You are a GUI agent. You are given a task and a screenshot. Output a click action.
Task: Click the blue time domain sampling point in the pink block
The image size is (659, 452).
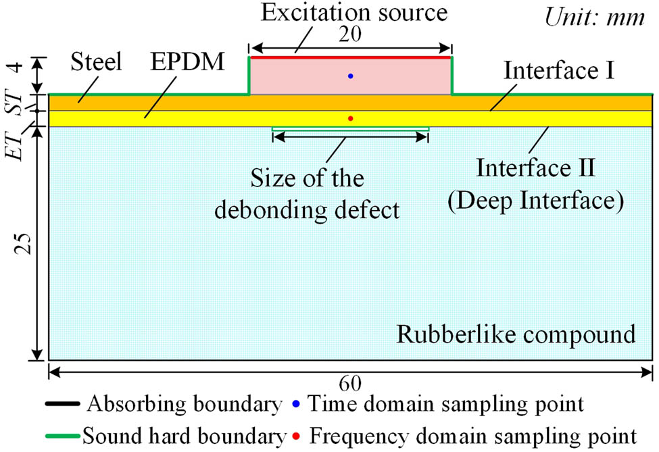tap(350, 76)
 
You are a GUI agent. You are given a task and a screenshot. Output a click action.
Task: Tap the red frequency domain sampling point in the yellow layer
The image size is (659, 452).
tap(350, 118)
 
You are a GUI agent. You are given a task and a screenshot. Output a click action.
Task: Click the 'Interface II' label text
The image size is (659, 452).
tap(536, 168)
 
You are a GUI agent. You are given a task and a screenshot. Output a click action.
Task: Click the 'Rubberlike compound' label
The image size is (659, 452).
tap(516, 334)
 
